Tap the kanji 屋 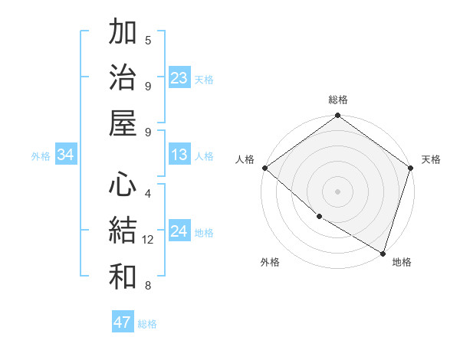(123, 122)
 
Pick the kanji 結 (123, 231)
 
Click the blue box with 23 (179, 78)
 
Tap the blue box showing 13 (179, 155)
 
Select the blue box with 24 (179, 232)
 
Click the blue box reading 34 (66, 155)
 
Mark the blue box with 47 (122, 322)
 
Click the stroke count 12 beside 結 (149, 240)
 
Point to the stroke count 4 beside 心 (148, 195)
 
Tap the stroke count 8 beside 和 (148, 286)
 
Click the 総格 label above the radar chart (338, 100)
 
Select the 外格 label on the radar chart (270, 262)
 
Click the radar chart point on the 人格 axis (264, 168)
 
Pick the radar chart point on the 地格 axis (383, 253)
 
